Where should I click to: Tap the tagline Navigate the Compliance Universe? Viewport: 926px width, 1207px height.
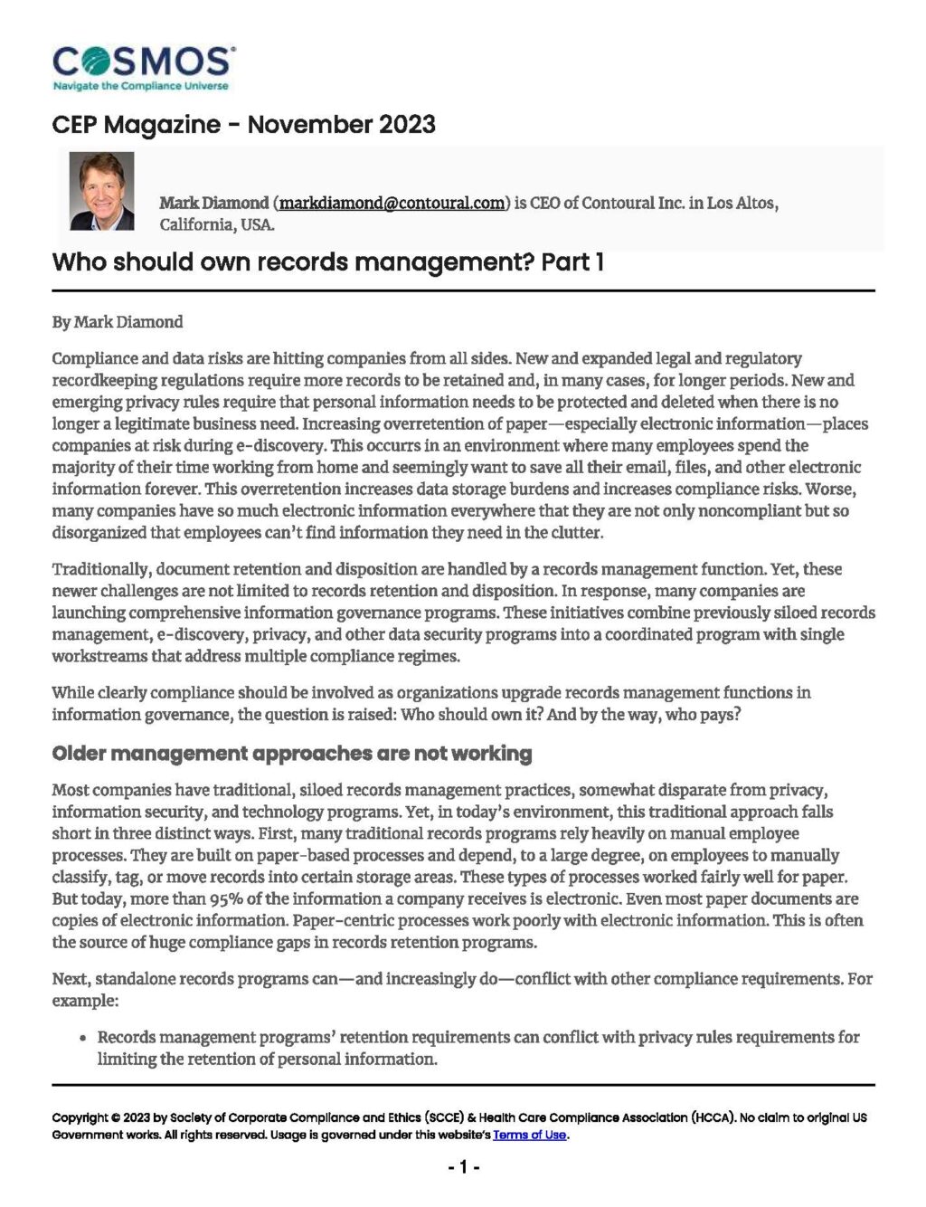click(x=141, y=86)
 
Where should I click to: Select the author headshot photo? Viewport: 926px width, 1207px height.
click(x=102, y=191)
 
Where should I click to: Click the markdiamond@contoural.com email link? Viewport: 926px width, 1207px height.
click(x=392, y=203)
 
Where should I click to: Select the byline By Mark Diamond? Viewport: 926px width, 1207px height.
click(x=118, y=322)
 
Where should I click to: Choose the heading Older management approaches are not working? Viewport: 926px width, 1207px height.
click(x=292, y=754)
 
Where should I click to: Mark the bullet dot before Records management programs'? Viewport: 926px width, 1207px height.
click(x=83, y=1039)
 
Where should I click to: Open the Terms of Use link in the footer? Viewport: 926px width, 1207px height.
click(x=529, y=1135)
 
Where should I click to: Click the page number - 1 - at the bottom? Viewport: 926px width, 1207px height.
click(x=463, y=1167)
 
